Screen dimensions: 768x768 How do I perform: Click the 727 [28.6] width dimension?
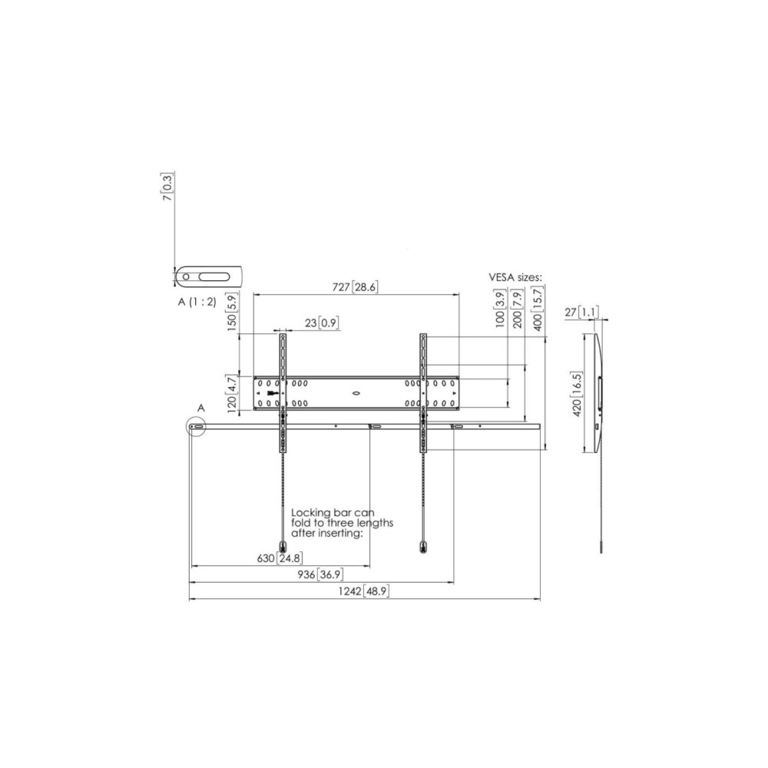pos(355,287)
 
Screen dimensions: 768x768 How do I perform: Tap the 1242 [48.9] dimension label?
pos(363,591)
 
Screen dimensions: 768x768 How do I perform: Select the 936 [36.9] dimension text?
pos(319,574)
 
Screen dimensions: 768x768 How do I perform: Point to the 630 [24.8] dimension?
pos(280,558)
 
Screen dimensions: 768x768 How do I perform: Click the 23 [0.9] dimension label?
pos(321,323)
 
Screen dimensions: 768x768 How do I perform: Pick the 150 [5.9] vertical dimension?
pos(232,312)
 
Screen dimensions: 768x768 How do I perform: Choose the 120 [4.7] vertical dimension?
pos(232,392)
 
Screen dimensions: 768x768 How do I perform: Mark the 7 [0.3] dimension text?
pos(167,187)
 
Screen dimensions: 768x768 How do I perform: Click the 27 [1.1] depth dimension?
pos(581,312)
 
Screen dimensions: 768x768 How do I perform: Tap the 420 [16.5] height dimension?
pos(577,394)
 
